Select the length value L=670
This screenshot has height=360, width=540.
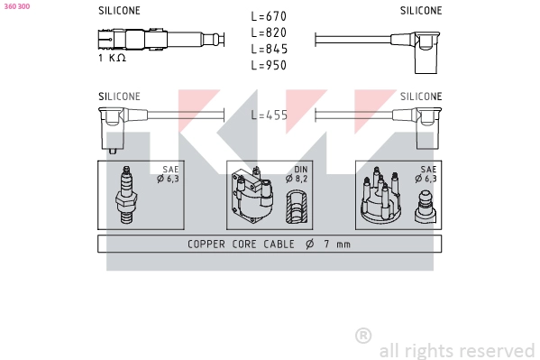click(x=269, y=17)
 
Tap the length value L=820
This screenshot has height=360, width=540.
click(x=269, y=33)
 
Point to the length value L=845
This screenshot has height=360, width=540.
click(x=269, y=50)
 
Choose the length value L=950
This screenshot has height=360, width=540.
click(x=269, y=66)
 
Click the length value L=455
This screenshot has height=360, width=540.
click(x=269, y=115)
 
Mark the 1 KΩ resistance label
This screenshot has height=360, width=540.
click(x=111, y=58)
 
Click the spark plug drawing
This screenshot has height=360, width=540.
click(x=125, y=194)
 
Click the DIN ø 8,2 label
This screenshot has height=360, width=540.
click(x=300, y=173)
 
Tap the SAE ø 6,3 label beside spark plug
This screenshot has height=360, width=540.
click(x=170, y=173)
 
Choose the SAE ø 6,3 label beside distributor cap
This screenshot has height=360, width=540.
click(x=426, y=173)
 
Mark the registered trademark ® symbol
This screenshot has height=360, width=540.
click(x=363, y=335)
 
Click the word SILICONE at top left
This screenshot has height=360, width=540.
click(x=119, y=11)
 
